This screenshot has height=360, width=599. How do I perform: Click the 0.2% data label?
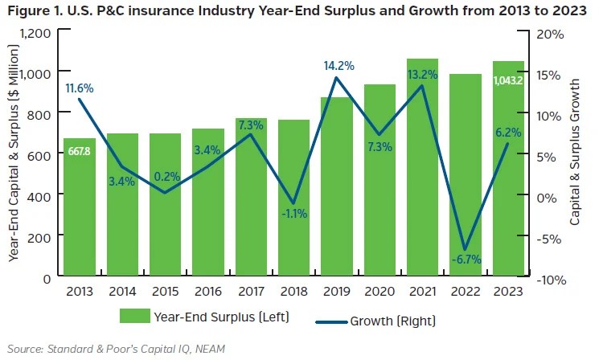coord(166,199)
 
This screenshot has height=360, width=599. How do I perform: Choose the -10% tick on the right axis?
coord(548,279)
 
